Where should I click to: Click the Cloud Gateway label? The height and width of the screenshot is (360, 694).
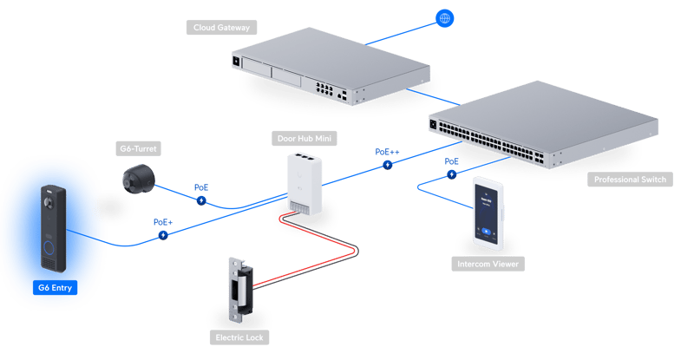[x=222, y=28]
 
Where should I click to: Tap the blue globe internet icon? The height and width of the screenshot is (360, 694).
[x=444, y=18]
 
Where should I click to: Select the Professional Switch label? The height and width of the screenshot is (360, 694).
[x=630, y=180]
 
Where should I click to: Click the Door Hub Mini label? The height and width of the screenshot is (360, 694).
[x=304, y=139]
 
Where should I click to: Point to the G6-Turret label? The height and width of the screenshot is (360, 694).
[x=138, y=149]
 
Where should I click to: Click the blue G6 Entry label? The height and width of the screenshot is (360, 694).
[x=55, y=288]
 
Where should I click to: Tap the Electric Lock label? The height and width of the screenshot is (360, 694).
[x=239, y=337]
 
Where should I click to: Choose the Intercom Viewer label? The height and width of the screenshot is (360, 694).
[x=488, y=264]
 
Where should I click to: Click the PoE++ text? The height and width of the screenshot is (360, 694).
[x=387, y=152]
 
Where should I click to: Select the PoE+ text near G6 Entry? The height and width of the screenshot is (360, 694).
[x=163, y=222]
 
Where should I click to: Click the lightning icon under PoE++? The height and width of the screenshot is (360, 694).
[x=388, y=165]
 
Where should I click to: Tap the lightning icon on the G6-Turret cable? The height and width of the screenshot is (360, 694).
[x=201, y=200]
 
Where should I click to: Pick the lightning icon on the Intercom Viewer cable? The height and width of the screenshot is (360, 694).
[x=451, y=174]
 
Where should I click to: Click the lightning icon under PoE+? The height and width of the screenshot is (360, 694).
[x=163, y=235]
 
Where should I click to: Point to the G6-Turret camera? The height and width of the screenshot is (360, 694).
[x=139, y=179]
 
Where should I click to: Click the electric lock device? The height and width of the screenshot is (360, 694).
[x=241, y=290]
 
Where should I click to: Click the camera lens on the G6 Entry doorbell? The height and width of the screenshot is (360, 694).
[x=49, y=203]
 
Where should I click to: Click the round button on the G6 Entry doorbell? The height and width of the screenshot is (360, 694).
[x=49, y=247]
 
